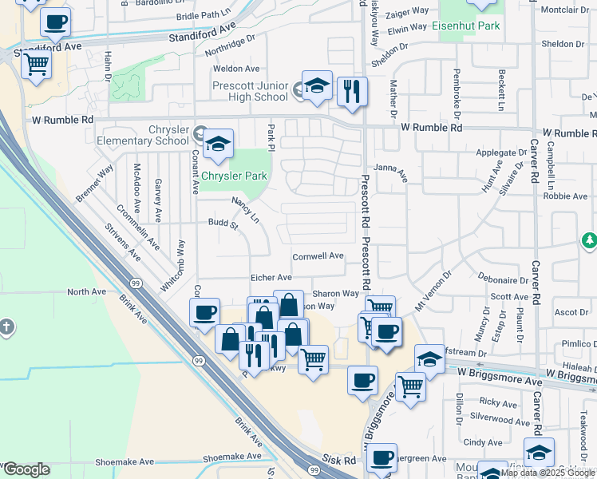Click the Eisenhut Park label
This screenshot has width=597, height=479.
pos(465,26)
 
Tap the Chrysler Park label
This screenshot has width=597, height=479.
pos(235,176)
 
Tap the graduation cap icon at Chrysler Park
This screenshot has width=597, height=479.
pos(216,144)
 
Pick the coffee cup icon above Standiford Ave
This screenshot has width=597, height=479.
pos(55,23)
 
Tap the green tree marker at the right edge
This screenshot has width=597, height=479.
pos(589,240)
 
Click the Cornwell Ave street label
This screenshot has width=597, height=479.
pos(318,256)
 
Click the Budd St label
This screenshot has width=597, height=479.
pos(223,224)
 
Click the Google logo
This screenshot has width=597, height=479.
pos(26,469)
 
